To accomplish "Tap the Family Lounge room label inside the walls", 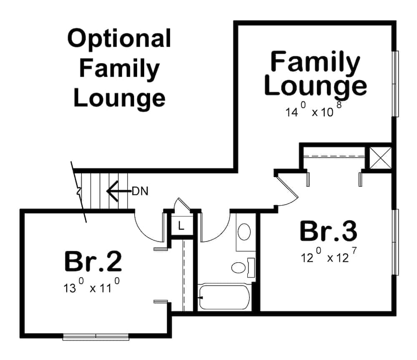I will [316, 74].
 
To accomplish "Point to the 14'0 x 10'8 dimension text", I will [314, 111].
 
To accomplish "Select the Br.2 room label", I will [93, 261].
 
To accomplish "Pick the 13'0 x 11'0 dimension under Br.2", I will [92, 287].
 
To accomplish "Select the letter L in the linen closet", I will [181, 226].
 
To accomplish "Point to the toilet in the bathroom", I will [242, 267].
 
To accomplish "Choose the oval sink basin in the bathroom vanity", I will [244, 231].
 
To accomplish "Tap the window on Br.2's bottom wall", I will [95, 337].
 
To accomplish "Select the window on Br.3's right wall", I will [396, 242].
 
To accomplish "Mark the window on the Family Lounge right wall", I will [396, 83].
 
